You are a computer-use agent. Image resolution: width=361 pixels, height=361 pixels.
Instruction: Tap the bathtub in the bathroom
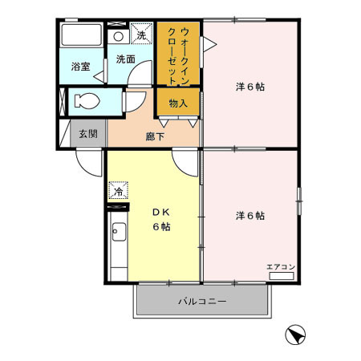pos(80,39)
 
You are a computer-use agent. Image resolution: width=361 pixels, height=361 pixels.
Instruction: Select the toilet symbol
pos(84,101)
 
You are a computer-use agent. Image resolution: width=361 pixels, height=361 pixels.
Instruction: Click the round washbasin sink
pos(118,36)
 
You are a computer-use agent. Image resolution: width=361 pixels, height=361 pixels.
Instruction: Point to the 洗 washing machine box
pos(141,34)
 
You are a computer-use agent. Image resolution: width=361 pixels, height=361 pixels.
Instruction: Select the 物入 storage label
pos(178,103)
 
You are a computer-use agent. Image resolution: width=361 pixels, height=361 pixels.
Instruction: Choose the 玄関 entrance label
pos(87,134)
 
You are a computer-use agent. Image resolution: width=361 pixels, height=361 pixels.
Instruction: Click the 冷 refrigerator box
pos(117,192)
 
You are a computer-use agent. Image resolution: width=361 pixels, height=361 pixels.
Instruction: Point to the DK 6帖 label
pos(162,219)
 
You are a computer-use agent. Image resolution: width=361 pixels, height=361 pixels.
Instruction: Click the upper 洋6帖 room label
pos(250,87)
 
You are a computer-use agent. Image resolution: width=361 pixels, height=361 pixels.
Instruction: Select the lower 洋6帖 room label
pos(250,216)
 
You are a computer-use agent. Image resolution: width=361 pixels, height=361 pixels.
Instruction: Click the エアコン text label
pos(280,266)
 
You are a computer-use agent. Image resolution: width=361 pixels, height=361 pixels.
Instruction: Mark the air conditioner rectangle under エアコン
pos(281,275)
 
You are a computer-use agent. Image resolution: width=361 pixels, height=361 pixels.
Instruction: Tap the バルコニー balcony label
pos(201,302)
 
